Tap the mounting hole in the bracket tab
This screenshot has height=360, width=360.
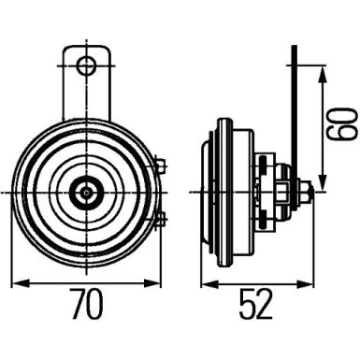[x=87, y=65]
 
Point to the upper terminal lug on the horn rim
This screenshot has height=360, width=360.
[x=160, y=167]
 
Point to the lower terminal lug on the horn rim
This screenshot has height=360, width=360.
[x=160, y=220]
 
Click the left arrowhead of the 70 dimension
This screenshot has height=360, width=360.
[x=19, y=282]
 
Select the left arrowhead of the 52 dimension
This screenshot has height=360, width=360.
[x=207, y=282]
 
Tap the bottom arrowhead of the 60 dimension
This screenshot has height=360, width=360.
[x=323, y=186]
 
